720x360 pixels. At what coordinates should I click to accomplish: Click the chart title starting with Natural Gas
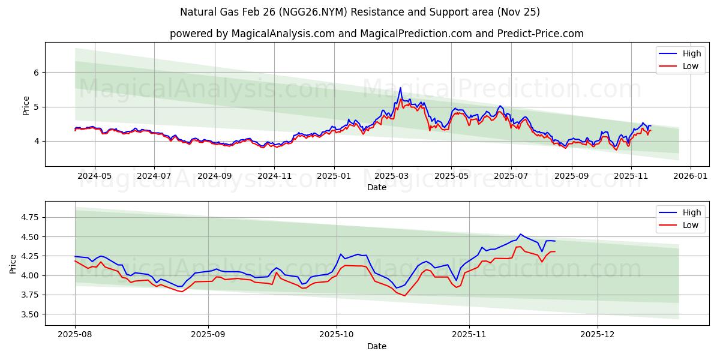tap(360, 12)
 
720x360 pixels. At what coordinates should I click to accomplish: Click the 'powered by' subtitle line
tap(376, 34)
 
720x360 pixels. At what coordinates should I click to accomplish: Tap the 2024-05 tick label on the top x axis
tap(94, 176)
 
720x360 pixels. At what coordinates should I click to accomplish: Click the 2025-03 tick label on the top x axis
tap(392, 176)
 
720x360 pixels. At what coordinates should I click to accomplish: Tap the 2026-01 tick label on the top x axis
tap(690, 176)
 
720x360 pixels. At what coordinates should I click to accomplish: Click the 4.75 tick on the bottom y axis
tap(31, 217)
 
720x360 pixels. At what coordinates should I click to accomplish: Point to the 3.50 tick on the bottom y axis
tap(31, 314)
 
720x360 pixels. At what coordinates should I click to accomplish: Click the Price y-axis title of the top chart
tap(26, 104)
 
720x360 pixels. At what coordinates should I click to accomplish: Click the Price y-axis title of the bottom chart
tap(13, 263)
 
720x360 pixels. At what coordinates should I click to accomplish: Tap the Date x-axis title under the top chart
tap(376, 187)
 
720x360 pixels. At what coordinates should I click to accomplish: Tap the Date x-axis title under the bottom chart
tap(376, 346)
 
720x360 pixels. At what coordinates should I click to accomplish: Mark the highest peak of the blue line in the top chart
tap(400, 88)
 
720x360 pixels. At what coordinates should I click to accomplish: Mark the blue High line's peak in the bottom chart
tap(520, 234)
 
